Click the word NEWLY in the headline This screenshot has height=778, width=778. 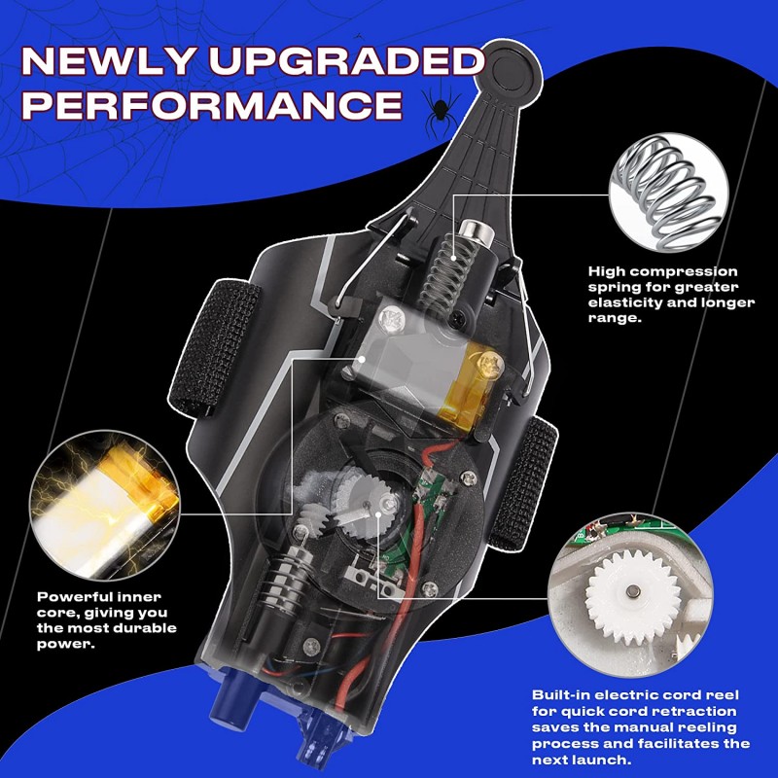coord(107,60)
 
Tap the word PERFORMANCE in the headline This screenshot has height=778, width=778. coord(212,105)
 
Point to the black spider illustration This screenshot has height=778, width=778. coord(440,108)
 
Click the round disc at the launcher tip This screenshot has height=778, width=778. coord(512,70)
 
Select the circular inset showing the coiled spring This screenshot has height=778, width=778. coord(668,192)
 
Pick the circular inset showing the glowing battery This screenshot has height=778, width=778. coord(105,505)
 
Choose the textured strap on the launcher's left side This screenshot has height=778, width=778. coord(214,347)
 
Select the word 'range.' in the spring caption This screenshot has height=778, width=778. coord(615,318)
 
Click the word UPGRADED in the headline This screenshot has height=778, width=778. coord(346,60)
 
